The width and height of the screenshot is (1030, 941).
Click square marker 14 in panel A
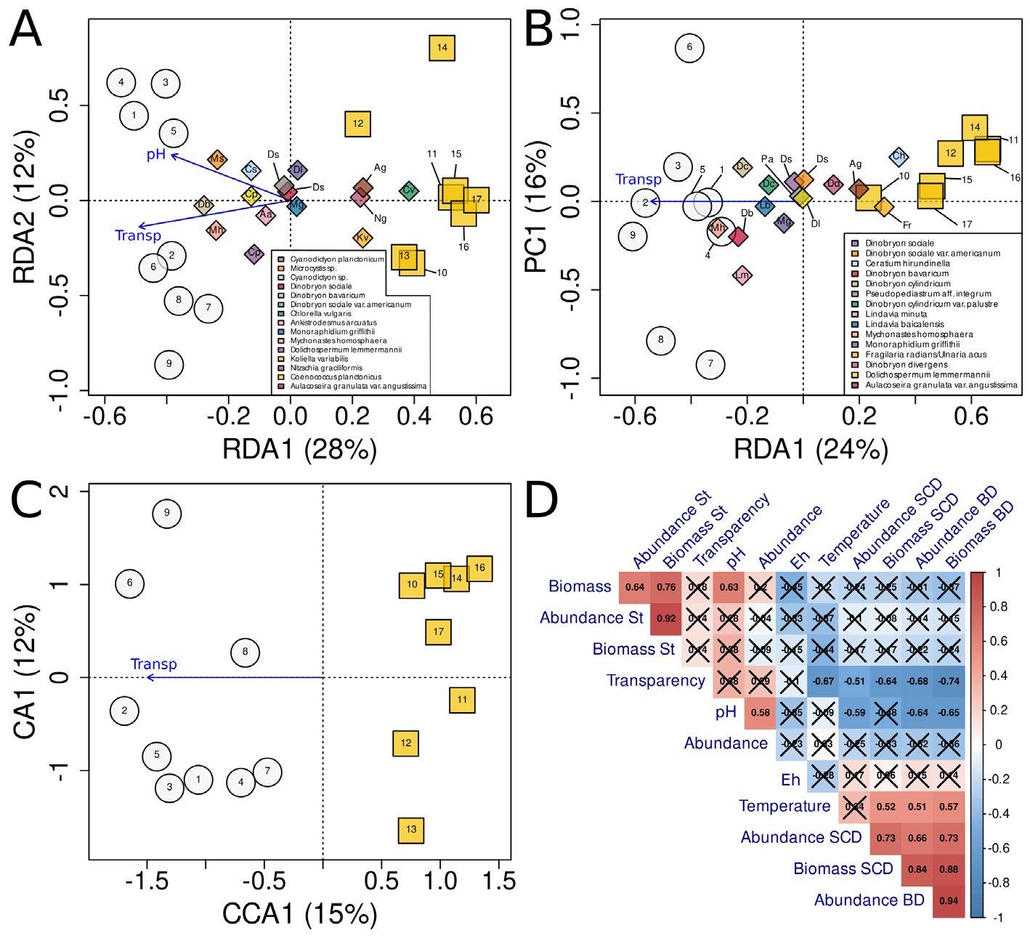click(442, 48)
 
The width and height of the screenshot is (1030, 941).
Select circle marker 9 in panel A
click(169, 364)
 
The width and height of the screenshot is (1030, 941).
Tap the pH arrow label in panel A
click(157, 155)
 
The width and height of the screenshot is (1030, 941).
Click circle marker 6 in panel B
click(689, 48)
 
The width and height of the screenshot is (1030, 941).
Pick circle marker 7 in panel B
click(710, 364)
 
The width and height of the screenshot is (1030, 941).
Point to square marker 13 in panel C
click(411, 830)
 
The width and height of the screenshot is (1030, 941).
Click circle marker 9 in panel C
click(166, 514)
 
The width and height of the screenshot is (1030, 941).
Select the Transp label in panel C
click(153, 664)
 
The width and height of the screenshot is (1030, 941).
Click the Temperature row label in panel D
click(784, 806)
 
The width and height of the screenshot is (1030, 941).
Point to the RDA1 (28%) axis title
click(300, 450)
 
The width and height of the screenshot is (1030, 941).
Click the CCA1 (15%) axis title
click(300, 914)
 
